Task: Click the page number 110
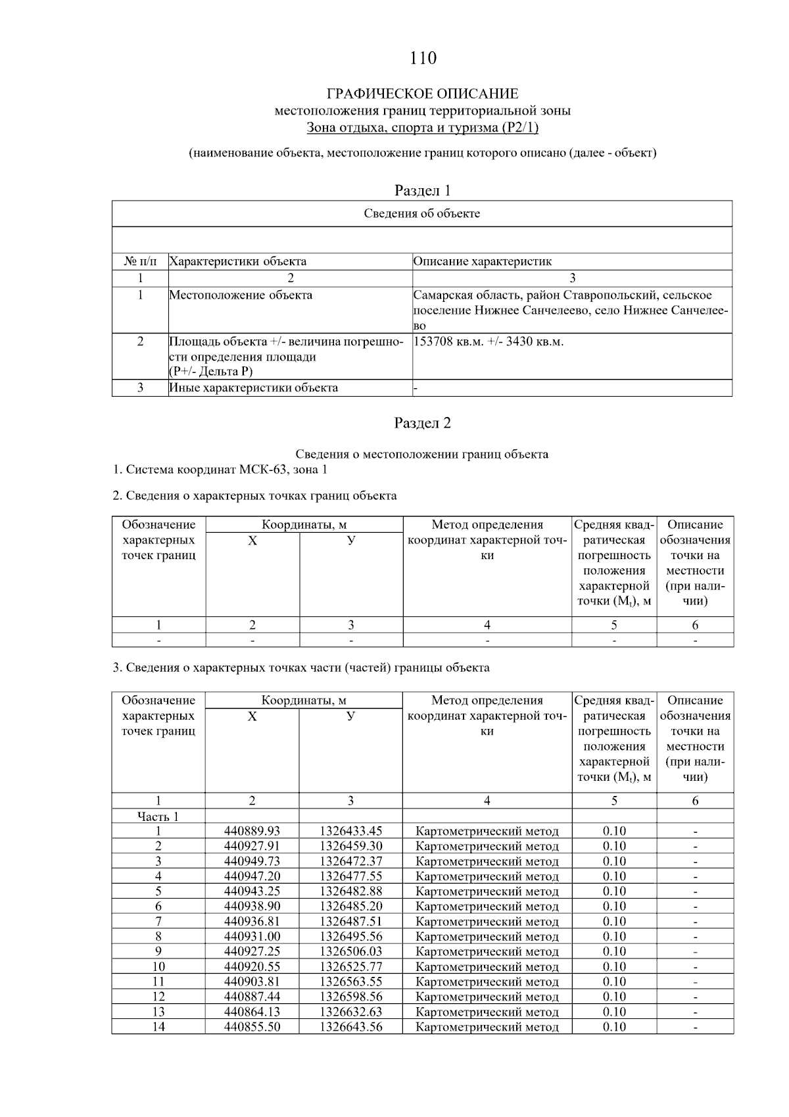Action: coord(422,59)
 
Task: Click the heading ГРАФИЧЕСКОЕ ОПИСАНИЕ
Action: coord(422,94)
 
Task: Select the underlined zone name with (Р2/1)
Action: coord(422,128)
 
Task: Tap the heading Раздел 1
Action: coord(422,191)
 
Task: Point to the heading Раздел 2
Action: coord(422,423)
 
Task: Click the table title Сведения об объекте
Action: coord(422,214)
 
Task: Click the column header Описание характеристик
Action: coord(483,262)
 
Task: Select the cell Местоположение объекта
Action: coord(241,295)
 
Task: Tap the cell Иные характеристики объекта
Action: coord(254,388)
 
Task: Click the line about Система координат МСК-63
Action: coord(220,470)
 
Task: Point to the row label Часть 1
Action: coord(158,817)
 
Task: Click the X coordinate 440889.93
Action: coord(252,832)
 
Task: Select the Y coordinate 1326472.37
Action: coord(350,862)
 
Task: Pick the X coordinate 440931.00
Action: coord(252,937)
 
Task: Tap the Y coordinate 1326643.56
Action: coord(350,1028)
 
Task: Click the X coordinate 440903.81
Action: coord(252,982)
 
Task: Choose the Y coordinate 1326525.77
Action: coord(350,967)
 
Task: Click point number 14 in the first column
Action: coord(158,1028)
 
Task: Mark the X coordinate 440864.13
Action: coord(252,1012)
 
